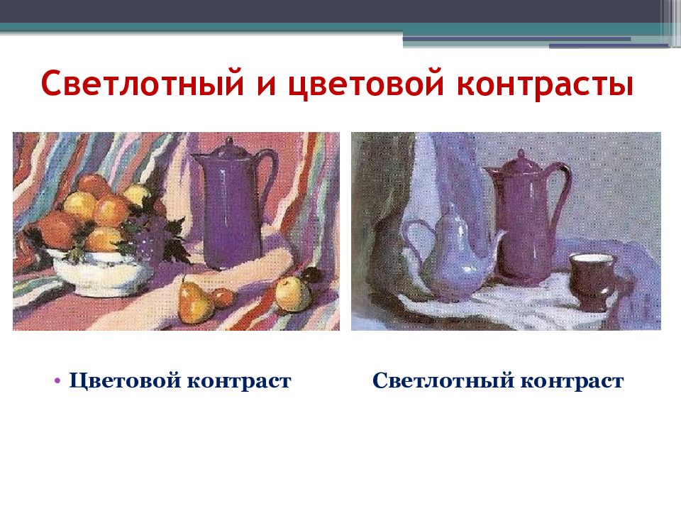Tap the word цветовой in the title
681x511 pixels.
(350, 84)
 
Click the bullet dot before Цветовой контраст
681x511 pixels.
(57, 380)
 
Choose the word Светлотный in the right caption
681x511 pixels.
(443, 381)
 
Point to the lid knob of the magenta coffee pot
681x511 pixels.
(521, 153)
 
